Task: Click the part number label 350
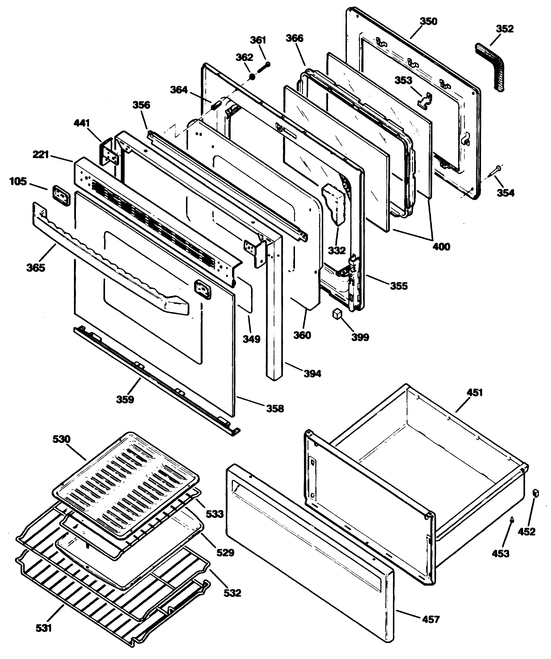tap(428, 21)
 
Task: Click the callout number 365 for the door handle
tap(36, 267)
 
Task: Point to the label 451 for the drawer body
tap(475, 393)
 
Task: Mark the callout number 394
tap(312, 374)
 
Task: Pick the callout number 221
tap(41, 154)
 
